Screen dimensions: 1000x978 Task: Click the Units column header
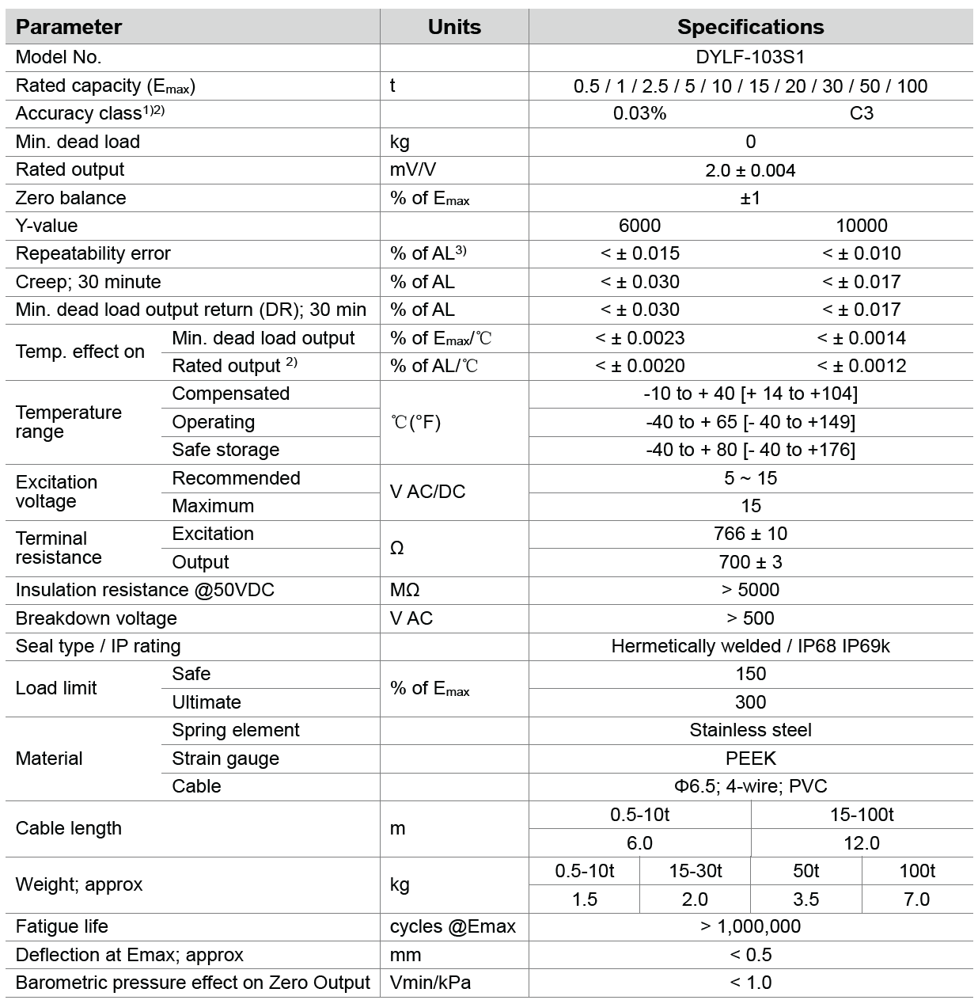pos(453,27)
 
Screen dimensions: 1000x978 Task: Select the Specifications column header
pos(750,27)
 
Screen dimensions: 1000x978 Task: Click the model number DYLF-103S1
pos(750,57)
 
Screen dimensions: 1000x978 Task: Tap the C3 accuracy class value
pos(861,113)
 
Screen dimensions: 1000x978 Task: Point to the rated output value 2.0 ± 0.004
pos(750,170)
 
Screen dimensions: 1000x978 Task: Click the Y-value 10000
pos(861,226)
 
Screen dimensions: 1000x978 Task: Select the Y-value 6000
pos(639,226)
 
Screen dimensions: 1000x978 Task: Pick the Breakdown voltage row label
pos(97,618)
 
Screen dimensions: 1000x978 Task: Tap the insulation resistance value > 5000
pos(750,590)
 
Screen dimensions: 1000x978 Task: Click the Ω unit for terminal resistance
pos(397,548)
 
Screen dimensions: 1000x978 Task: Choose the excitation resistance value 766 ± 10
pos(750,534)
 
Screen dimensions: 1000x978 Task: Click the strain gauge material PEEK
pos(750,759)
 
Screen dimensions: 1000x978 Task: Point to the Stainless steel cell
pos(750,730)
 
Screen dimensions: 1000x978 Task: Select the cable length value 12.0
pos(861,843)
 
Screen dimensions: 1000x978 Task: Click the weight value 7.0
pos(916,899)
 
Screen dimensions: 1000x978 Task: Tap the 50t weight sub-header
pos(806,871)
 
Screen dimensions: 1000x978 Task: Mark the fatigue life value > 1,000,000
pos(750,926)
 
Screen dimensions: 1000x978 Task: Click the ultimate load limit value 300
pos(750,702)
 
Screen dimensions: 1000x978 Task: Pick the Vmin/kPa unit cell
pos(430,983)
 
